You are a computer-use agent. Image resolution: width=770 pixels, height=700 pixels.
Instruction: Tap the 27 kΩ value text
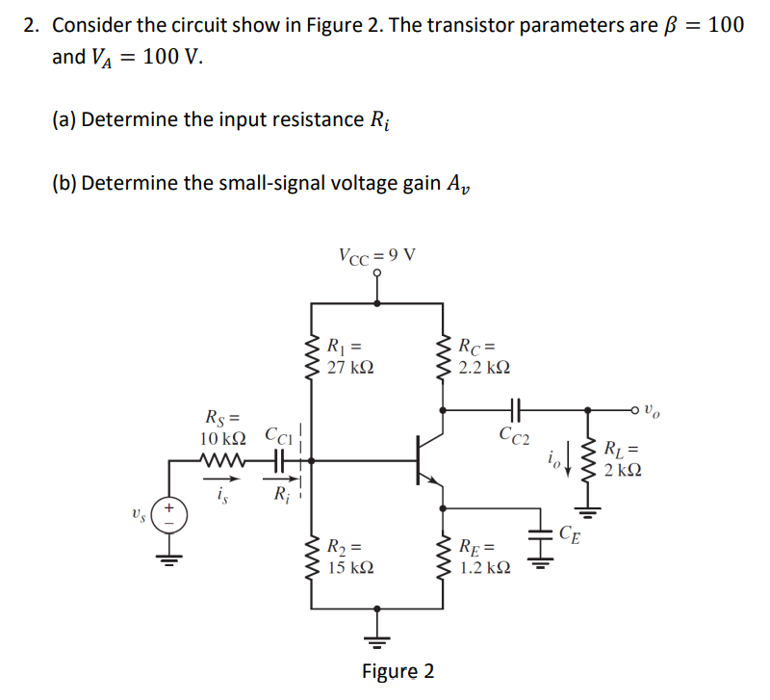pyautogui.click(x=350, y=368)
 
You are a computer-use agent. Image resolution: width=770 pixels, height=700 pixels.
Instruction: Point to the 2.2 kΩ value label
pyautogui.click(x=485, y=368)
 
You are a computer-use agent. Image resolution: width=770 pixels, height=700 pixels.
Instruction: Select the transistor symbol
pyautogui.click(x=428, y=460)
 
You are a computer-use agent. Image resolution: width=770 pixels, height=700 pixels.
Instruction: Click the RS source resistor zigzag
pyautogui.click(x=223, y=461)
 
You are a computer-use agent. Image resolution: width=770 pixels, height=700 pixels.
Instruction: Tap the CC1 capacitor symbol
pyautogui.click(x=280, y=461)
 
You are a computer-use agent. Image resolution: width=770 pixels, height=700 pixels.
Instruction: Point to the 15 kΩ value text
pyautogui.click(x=350, y=568)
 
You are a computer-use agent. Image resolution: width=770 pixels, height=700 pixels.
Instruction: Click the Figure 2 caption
pyautogui.click(x=398, y=671)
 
